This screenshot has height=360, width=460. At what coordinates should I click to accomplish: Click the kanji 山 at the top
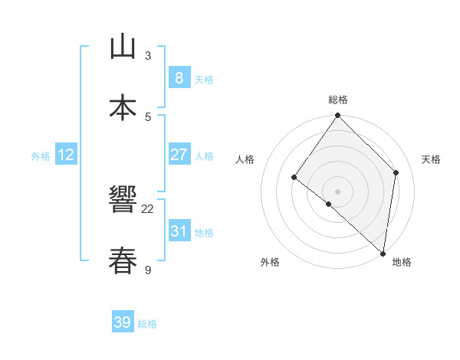pos(123,47)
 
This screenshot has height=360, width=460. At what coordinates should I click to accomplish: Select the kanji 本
pos(123,108)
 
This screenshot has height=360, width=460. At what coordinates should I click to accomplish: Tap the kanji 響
pos(123,201)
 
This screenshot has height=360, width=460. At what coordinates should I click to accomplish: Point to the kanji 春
pos(123,261)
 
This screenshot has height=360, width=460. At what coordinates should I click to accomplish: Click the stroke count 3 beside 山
pos(148,56)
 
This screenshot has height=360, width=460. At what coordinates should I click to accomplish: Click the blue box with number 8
pos(179,77)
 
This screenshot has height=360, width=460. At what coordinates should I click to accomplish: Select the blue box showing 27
pos(179,155)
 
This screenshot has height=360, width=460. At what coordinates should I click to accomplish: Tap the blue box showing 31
pos(179,231)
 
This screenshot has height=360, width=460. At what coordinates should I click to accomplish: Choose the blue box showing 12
pos(66,155)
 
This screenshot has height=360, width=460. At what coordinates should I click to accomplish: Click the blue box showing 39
pos(123,322)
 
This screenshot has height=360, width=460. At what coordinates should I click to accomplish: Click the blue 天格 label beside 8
pos(204,79)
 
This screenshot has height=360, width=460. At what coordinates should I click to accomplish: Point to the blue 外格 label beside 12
pos(41,156)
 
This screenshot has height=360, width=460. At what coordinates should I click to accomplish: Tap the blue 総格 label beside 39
pos(147,324)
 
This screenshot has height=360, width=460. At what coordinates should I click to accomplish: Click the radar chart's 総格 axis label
pos(338,100)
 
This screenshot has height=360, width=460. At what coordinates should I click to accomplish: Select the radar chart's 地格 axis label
pos(402,262)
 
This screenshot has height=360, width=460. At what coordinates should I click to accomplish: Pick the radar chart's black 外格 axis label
pos(270,262)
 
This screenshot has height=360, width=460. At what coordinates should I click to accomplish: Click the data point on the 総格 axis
pos(338,116)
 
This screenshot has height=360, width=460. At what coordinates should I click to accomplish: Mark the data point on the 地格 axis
pos(383,253)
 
